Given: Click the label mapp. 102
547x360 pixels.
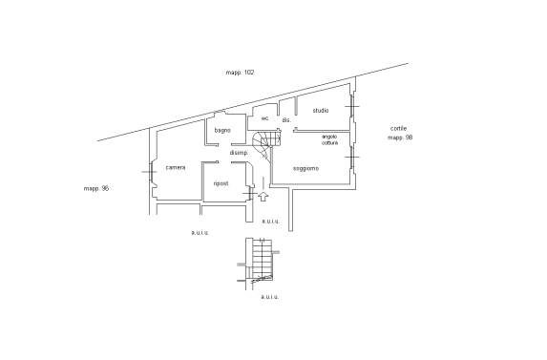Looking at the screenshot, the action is tap(240, 73).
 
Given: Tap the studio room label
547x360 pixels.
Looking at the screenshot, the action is tap(320, 111).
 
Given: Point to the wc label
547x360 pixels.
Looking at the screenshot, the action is tap(265, 118).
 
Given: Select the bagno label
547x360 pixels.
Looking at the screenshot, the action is tap(222, 131).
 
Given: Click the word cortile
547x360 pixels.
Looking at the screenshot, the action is tap(398, 128).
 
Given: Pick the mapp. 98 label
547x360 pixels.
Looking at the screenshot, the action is tap(400, 138).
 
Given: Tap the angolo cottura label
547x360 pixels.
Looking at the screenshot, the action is tap(329, 139).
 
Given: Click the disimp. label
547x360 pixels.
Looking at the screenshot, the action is tap(239, 153).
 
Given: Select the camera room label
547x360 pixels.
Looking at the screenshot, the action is tap(176, 167).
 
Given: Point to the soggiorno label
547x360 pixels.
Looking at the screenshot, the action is tap(305, 168).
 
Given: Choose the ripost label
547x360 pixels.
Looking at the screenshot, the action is tap(221, 183).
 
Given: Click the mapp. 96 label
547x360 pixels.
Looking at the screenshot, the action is tap(96, 188).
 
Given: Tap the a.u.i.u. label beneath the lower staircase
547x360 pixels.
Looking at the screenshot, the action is tap(269, 297).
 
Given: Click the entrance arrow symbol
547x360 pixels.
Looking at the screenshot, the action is tap(263, 197).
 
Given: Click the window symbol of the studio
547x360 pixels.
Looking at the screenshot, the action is tap(352, 106).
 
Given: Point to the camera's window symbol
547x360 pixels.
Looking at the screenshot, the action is tap(151, 172).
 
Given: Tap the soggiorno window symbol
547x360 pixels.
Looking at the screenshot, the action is tap(352, 157).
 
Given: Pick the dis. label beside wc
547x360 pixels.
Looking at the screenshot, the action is tap(286, 120).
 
